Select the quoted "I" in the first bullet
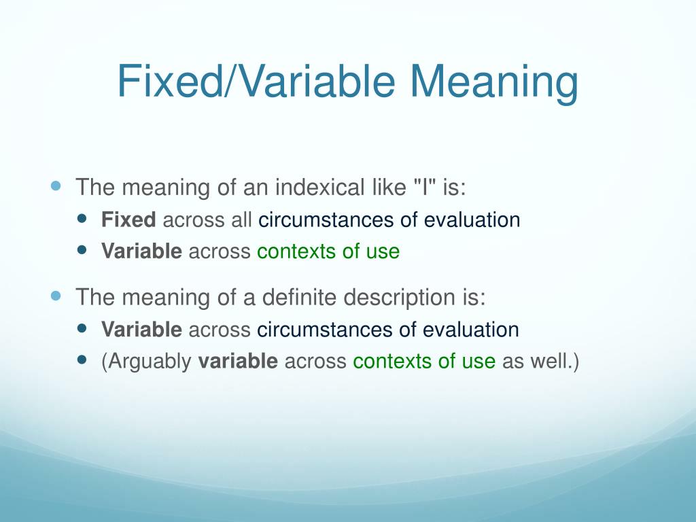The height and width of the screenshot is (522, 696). coord(425,188)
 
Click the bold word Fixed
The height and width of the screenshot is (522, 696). coord(128,220)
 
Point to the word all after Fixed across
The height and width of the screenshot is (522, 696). coord(242,220)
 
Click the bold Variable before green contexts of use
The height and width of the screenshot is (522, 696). coord(141,251)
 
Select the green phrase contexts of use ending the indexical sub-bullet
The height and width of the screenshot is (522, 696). coord(328,251)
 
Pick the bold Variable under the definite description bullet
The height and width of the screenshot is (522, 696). coord(141,330)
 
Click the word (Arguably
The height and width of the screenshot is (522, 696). coord(146,362)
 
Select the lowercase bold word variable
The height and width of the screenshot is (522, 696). coord(238,362)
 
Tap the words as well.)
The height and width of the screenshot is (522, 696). coord(540,362)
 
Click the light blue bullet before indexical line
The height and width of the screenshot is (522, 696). coord(56,186)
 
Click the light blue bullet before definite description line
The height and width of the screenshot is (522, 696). coord(56,296)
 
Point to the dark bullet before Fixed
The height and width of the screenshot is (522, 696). coord(83,219)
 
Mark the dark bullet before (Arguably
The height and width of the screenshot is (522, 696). coord(83,360)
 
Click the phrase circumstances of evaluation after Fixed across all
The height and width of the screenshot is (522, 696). coord(389,220)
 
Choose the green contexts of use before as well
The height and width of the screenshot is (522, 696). coord(424,362)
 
